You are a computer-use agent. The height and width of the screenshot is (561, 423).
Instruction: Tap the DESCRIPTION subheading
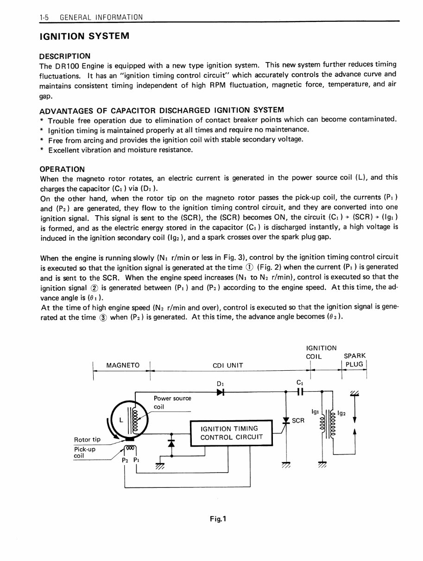click(x=65, y=56)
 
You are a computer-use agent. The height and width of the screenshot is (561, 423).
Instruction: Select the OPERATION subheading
click(x=63, y=169)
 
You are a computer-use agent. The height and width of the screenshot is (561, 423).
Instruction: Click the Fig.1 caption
click(x=217, y=519)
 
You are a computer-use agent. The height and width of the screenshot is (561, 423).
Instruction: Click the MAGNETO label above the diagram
click(x=123, y=365)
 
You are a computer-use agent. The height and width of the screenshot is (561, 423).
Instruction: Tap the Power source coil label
click(x=172, y=402)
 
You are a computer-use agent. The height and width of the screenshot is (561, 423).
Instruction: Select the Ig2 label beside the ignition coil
click(x=342, y=413)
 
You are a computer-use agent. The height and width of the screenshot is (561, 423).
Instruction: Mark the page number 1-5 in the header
click(x=44, y=18)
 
